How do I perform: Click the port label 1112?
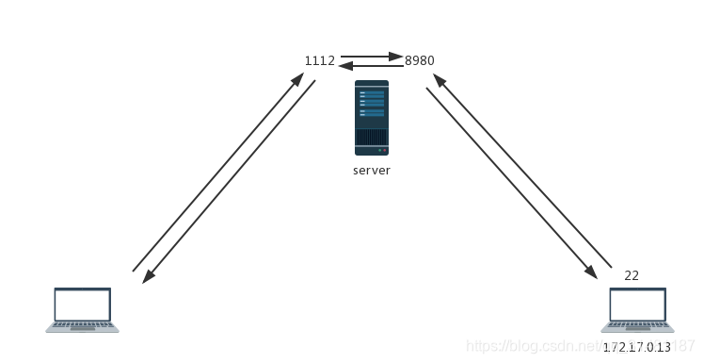[x=319, y=60]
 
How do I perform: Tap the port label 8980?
[x=420, y=60]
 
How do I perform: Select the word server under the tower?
[x=371, y=171]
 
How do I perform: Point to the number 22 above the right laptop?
[x=632, y=275]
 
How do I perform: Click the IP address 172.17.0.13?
[x=637, y=347]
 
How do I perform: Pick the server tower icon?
[x=371, y=118]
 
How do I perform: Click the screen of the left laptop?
[x=82, y=305]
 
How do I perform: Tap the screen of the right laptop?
[x=637, y=305]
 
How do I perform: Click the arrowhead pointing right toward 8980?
[x=398, y=56]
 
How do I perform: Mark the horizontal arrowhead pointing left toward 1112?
[x=344, y=66]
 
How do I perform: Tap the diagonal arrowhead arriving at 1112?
[x=299, y=77]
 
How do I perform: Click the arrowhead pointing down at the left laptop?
[x=147, y=277]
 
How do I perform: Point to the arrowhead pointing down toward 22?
[x=591, y=272]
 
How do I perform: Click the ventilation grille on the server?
[x=371, y=138]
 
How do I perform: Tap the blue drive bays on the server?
[x=371, y=102]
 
